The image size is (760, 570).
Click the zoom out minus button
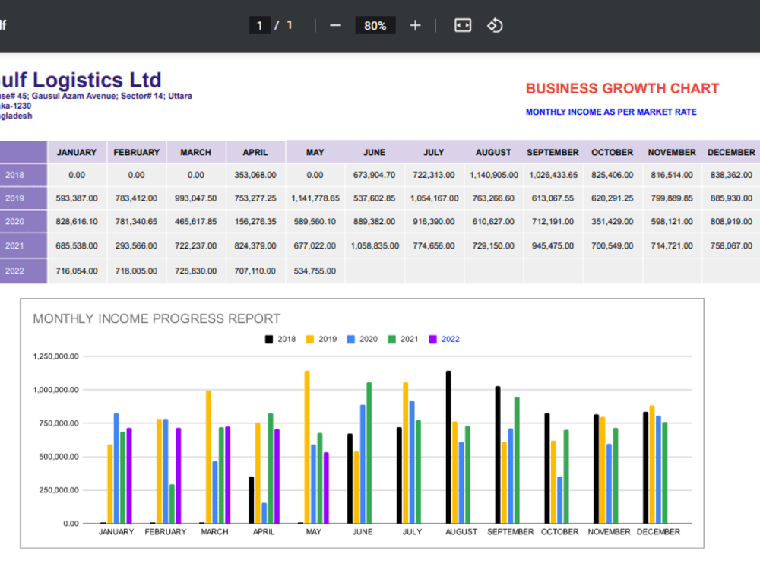[335, 25]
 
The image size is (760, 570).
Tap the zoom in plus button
[416, 25]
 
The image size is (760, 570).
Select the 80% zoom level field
[375, 25]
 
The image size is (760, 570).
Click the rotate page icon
[495, 25]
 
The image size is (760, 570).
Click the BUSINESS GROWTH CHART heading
[622, 89]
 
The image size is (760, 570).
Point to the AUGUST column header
[493, 152]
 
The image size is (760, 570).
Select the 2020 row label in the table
[14, 221]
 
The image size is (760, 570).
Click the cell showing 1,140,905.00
[493, 175]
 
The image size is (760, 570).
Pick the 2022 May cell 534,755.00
[315, 271]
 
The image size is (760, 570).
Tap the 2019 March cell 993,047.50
[196, 198]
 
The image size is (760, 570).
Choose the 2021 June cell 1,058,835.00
[375, 245]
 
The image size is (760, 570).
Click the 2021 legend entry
[403, 339]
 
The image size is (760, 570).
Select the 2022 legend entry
[444, 339]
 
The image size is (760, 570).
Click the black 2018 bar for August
[448, 448]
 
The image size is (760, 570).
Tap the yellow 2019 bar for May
[307, 448]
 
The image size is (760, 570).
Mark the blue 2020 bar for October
[560, 500]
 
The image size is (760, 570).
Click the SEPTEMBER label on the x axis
[511, 532]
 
